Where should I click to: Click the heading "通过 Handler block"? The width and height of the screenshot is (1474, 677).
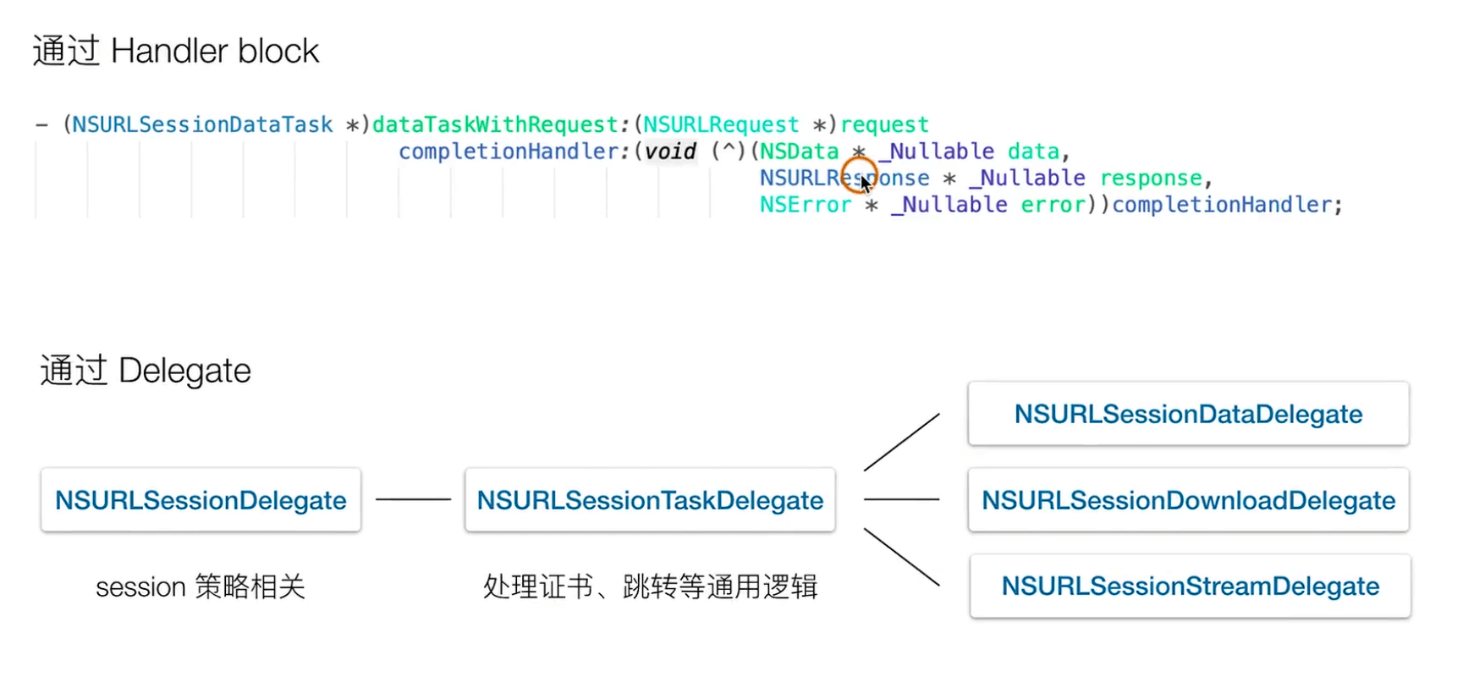pyautogui.click(x=176, y=52)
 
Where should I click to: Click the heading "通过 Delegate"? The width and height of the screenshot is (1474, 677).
pyautogui.click(x=146, y=371)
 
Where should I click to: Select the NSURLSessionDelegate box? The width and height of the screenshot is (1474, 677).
pyautogui.click(x=201, y=500)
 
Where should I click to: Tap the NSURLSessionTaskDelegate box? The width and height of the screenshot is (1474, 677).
pyautogui.click(x=650, y=500)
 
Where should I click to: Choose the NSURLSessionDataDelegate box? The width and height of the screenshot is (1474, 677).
pyautogui.click(x=1188, y=414)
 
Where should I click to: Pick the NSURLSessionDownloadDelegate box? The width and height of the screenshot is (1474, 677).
pyautogui.click(x=1188, y=500)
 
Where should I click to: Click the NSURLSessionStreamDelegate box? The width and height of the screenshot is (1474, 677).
pyautogui.click(x=1190, y=586)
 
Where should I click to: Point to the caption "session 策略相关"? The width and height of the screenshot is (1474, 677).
pyautogui.click(x=201, y=586)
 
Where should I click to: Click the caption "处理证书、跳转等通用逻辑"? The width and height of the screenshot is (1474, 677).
pyautogui.click(x=650, y=586)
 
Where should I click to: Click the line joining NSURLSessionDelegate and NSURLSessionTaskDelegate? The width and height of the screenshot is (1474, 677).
pyautogui.click(x=413, y=499)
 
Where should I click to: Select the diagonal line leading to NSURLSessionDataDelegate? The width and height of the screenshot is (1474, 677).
pyautogui.click(x=901, y=442)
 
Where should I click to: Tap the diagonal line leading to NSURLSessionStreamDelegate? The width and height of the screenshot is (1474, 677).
pyautogui.click(x=901, y=557)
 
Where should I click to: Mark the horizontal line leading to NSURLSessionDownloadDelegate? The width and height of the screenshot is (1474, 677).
pyautogui.click(x=901, y=499)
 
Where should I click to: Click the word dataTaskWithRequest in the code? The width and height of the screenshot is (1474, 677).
pyautogui.click(x=495, y=125)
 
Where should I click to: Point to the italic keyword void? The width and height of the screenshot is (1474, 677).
pyautogui.click(x=670, y=151)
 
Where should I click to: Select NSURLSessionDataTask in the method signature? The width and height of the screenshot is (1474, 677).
pyautogui.click(x=202, y=125)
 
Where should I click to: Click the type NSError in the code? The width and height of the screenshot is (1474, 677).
pyautogui.click(x=805, y=205)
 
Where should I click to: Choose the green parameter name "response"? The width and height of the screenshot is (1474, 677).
pyautogui.click(x=1151, y=179)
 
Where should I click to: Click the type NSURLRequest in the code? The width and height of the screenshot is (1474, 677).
pyautogui.click(x=721, y=125)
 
